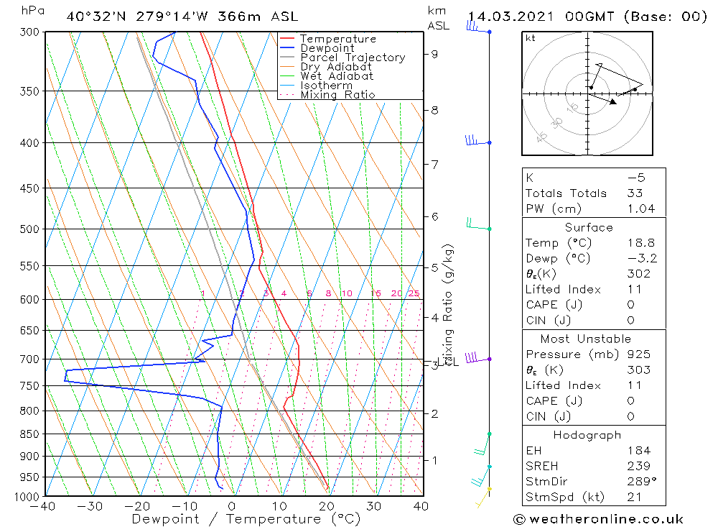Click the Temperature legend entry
tap(337, 39)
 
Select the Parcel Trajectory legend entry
tap(353, 58)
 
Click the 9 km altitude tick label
tap(435, 53)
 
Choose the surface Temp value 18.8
tap(640, 243)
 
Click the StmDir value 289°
tap(640, 482)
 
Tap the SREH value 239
tap(636, 466)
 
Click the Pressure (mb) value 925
tap(636, 354)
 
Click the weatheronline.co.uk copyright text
tap(598, 519)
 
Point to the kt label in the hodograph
tap(531, 39)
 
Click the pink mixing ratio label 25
tap(414, 293)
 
